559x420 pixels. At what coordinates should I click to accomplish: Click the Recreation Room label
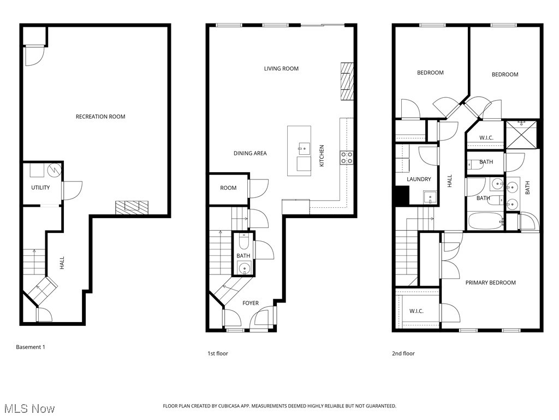tap(100, 116)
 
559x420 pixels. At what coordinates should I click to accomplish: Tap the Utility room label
tap(40, 188)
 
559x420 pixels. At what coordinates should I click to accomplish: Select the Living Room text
tap(281, 69)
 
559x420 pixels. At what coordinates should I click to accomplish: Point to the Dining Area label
tap(250, 154)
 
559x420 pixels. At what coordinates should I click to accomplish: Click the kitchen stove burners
tap(346, 158)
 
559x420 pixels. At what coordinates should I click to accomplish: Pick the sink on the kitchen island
tap(304, 147)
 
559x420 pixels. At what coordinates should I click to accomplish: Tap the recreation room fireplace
tap(132, 207)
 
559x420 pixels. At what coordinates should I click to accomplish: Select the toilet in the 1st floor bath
tap(243, 241)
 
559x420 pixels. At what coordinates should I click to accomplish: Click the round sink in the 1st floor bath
tap(244, 268)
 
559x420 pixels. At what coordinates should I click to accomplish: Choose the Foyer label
tap(251, 303)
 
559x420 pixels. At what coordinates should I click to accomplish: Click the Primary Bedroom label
tap(490, 283)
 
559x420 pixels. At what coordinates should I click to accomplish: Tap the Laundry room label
tap(419, 179)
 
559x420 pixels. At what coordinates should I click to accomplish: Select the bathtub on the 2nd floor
tap(486, 221)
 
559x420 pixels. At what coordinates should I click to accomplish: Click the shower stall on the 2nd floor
tap(521, 135)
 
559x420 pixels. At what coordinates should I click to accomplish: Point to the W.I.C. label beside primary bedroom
tap(417, 311)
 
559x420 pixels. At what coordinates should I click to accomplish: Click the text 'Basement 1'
tap(31, 347)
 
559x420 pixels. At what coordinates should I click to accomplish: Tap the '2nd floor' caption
tap(403, 354)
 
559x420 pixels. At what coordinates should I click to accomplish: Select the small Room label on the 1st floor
tap(228, 188)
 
